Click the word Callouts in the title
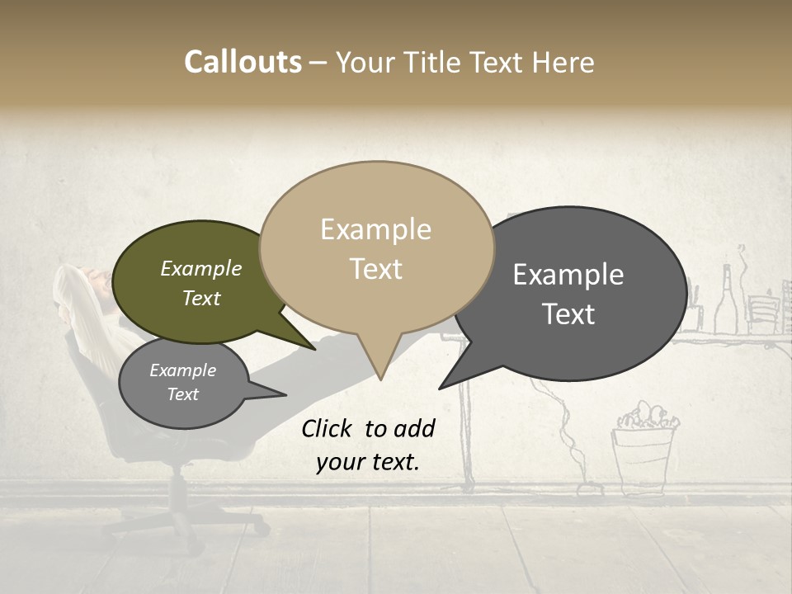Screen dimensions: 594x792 [243, 62]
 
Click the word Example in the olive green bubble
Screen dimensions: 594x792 [200, 268]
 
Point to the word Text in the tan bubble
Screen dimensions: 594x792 [375, 269]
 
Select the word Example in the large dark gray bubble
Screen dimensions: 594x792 [568, 275]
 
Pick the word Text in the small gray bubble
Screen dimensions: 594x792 [182, 394]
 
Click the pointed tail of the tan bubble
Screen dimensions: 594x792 [379, 371]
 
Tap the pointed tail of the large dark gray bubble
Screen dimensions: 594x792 [445, 384]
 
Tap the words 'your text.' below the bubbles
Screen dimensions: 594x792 [368, 462]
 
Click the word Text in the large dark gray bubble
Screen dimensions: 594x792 [568, 314]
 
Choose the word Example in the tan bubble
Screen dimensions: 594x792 [375, 229]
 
